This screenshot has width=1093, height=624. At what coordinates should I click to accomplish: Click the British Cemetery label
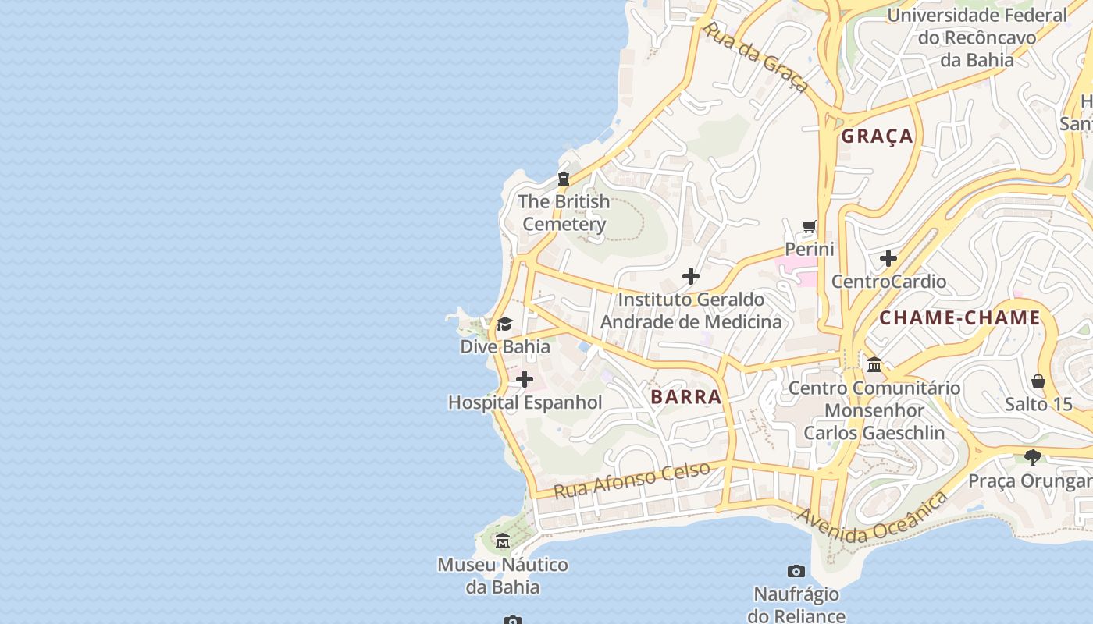[564, 213]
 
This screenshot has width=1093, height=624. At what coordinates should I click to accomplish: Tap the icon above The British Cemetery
[564, 179]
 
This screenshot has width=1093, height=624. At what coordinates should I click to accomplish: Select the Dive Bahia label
[505, 346]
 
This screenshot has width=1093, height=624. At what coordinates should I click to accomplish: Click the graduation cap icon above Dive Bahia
[505, 324]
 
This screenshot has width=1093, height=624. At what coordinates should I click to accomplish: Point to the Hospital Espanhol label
[525, 402]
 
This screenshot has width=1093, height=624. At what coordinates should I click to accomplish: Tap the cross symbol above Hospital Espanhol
[525, 380]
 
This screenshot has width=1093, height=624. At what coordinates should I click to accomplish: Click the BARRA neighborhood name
[686, 397]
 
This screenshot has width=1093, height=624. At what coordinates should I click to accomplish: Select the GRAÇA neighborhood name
[877, 136]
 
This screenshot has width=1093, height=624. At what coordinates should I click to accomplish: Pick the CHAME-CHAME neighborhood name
[959, 317]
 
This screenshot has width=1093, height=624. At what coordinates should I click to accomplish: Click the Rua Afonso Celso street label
[632, 480]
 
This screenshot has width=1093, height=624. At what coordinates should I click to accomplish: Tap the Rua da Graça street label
[755, 57]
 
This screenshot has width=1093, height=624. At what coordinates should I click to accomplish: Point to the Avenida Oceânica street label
[873, 519]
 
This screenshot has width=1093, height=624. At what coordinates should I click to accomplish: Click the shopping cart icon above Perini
[810, 227]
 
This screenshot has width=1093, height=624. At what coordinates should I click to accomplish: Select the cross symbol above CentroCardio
[888, 258]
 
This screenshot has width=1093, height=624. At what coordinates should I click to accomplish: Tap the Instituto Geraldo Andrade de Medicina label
[691, 310]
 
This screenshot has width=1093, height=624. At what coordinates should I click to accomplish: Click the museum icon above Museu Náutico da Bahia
[503, 541]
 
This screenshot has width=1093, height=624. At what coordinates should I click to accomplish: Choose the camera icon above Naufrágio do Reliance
[796, 572]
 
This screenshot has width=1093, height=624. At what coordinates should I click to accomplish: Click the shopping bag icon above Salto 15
[1038, 381]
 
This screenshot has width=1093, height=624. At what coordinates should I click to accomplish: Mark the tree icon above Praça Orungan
[1033, 458]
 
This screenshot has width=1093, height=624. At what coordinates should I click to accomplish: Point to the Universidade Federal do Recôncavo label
[977, 37]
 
